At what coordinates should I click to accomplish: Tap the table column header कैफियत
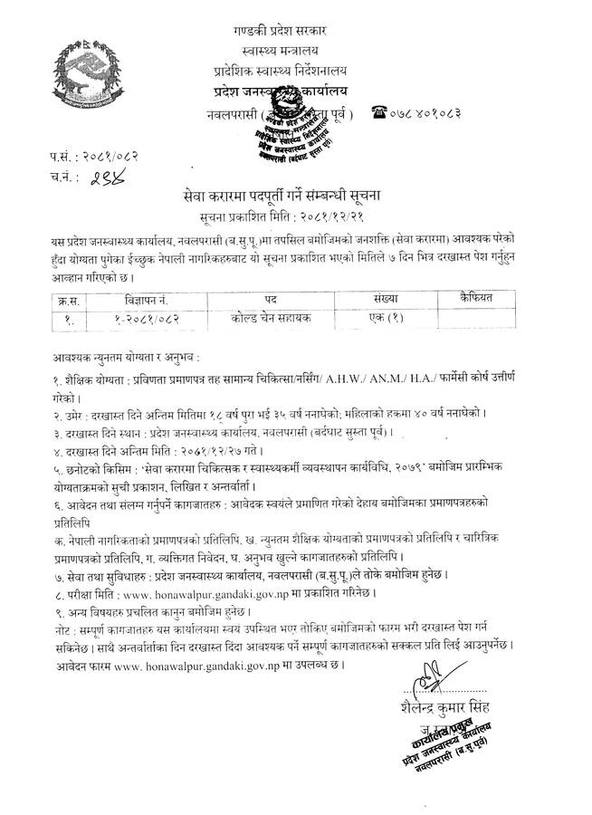[x=463, y=296]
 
